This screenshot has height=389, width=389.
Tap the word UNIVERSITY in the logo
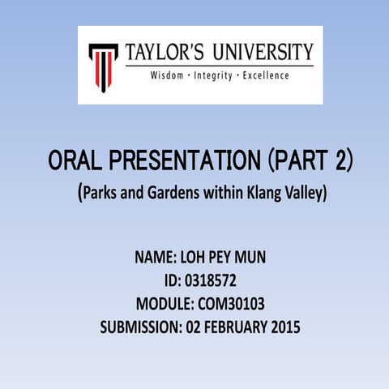click(263, 53)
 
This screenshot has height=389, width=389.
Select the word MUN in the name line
click(249, 259)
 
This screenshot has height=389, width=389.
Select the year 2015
click(284, 328)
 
